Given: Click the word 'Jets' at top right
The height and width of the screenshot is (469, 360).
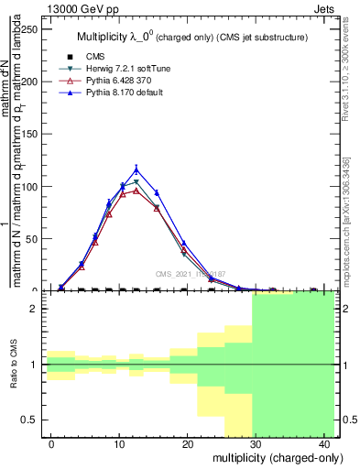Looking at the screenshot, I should (326, 8).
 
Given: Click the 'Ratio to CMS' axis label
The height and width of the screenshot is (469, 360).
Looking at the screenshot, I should (12, 365).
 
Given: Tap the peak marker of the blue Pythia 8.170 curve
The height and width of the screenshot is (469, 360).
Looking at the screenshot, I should (136, 169).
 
